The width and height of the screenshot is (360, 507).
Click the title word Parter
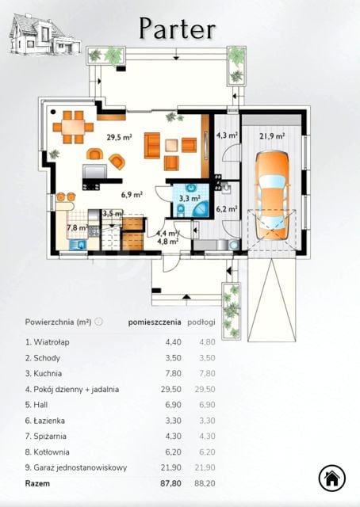coord(178,29)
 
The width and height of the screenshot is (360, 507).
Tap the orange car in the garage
coord(272,196)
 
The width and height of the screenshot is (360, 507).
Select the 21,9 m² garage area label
coord(272,136)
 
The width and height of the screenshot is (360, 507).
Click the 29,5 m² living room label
coord(119,137)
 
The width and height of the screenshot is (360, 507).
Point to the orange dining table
coord(73,127)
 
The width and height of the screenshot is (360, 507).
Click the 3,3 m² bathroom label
coord(190,198)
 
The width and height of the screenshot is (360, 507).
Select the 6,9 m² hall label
coord(132,195)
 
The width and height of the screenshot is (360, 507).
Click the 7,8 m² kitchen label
coord(78,227)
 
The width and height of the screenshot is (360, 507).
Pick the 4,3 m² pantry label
coord(228,135)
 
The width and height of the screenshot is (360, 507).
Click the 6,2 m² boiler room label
coord(227,209)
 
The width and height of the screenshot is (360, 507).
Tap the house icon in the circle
coord(331,478)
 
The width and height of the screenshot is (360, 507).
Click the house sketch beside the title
coord(44,33)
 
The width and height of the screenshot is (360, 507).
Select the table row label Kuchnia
coord(48,373)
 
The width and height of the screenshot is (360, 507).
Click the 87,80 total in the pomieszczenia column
coord(170,484)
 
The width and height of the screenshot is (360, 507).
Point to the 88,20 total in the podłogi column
coord(205,484)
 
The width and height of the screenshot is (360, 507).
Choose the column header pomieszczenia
coord(155,322)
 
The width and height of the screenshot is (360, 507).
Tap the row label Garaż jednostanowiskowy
coord(80,468)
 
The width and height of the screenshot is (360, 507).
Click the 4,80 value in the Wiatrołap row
coord(206,342)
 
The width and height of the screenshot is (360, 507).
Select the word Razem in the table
coord(37,484)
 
